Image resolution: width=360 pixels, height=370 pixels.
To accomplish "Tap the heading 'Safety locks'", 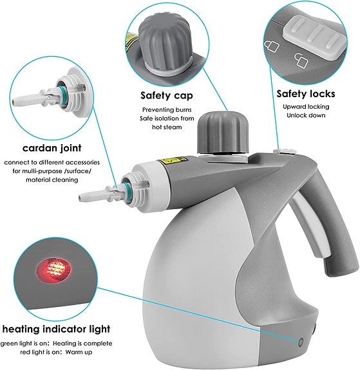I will [306, 93].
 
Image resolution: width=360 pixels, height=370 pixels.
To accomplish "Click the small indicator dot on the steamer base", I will [300, 342].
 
